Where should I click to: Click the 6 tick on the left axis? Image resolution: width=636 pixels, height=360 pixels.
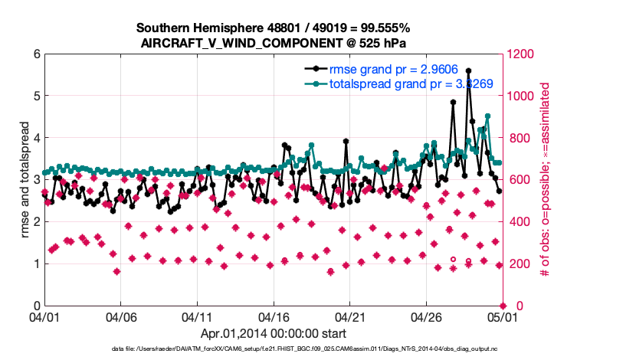(x=34, y=54)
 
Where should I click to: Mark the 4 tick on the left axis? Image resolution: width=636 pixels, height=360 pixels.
(x=34, y=138)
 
